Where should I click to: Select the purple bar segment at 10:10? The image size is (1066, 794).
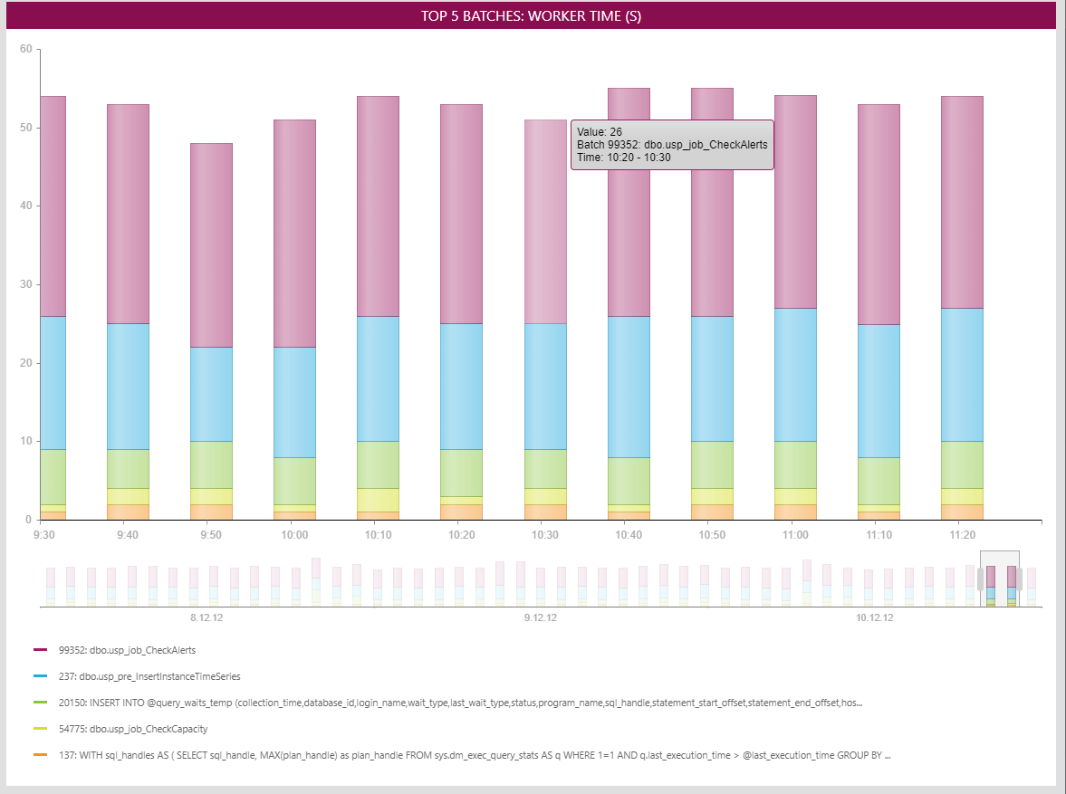[x=378, y=206]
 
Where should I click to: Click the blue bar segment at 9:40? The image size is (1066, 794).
[x=128, y=387]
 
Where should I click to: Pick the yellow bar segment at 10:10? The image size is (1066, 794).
[x=378, y=500]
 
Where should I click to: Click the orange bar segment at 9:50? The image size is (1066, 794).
[x=211, y=512]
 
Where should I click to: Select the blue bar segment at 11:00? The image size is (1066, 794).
[x=795, y=375]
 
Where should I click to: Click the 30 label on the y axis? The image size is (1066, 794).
[x=26, y=284]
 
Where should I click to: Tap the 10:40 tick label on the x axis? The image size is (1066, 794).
[x=628, y=535]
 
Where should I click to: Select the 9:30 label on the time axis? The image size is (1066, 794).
[x=43, y=535]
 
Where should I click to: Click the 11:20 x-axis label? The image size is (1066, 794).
[x=962, y=535]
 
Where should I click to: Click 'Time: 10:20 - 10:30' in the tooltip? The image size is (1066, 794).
[x=624, y=158]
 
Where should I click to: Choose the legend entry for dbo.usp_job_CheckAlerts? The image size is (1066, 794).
[x=127, y=650]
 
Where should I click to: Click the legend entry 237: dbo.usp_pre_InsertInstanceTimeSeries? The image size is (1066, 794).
[x=149, y=676]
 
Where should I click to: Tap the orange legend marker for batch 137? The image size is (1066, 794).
[x=40, y=755]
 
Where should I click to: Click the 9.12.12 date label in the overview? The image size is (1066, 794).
[x=541, y=618]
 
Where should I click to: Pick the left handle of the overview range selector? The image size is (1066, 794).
[x=980, y=579]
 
